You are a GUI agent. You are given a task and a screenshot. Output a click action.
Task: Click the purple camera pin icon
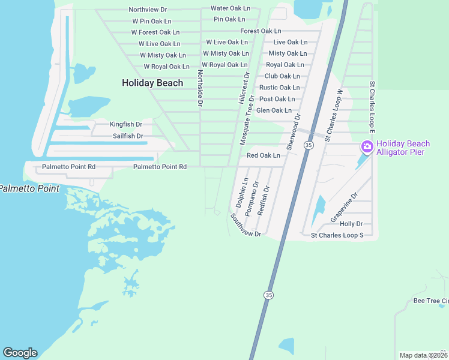click(x=367, y=146)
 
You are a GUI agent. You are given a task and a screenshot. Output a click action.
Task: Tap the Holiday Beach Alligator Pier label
click(x=403, y=148)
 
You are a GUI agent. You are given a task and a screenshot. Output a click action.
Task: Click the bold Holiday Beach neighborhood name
click(x=152, y=83)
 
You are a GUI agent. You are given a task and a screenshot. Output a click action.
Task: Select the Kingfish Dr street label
click(x=126, y=124)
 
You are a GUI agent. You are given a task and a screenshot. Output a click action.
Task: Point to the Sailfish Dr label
click(x=128, y=136)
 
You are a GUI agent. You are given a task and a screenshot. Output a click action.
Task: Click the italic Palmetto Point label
click(x=29, y=188)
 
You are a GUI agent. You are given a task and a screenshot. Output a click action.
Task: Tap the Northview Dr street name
click(x=148, y=10)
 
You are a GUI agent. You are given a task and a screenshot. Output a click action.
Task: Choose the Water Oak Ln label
click(x=230, y=8)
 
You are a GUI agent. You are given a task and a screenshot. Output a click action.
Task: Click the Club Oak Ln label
click(x=282, y=76)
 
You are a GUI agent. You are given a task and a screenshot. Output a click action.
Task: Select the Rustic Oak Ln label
click(x=279, y=88)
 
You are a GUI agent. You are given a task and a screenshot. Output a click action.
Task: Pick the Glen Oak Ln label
click(x=274, y=110)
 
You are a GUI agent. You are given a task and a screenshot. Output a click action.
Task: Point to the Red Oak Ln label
click(x=264, y=155)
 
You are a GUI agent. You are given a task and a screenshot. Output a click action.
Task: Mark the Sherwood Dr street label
click(x=293, y=131)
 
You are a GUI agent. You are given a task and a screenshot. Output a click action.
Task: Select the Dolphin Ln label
click(x=242, y=193)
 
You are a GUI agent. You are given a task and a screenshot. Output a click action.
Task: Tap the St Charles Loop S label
click(x=337, y=235)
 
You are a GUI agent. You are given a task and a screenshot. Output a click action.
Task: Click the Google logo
click(x=20, y=353)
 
